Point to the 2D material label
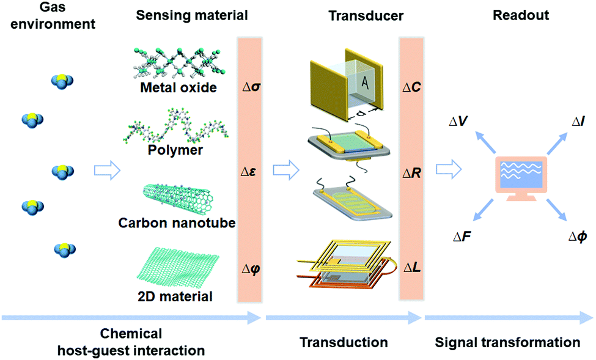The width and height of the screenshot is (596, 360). tap(175, 297)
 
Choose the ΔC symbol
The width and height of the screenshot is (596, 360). tap(411, 88)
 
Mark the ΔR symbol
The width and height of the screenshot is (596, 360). tap(411, 174)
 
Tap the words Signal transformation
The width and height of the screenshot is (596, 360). tap(508, 342)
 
